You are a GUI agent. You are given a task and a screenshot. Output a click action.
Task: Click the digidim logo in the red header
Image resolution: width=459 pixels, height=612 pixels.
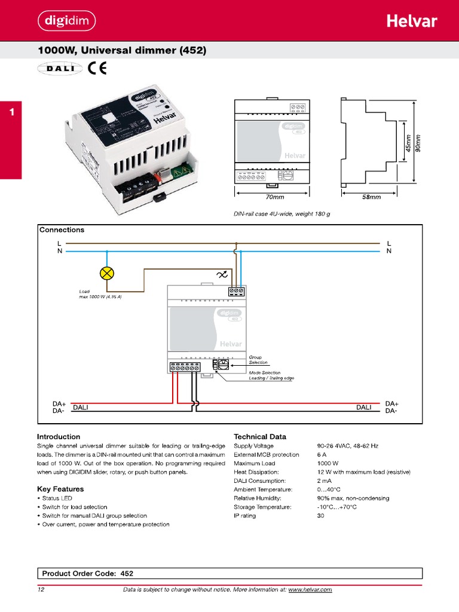(66, 22)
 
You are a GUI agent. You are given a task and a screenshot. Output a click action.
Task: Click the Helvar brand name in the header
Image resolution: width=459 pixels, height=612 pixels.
(411, 22)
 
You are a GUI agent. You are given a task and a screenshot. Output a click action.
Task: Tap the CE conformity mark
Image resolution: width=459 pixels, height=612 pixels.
(97, 68)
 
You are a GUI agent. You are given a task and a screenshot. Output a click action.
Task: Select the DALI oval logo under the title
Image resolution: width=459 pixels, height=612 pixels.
(60, 68)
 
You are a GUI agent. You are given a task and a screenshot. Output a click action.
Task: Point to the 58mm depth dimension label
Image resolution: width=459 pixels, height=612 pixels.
(371, 197)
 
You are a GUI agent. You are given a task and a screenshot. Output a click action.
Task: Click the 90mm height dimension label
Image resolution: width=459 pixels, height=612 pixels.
(417, 144)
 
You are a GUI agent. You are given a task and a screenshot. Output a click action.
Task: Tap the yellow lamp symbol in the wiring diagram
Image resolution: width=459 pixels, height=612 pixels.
(108, 273)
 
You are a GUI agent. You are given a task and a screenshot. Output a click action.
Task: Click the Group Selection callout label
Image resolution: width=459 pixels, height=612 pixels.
(259, 360)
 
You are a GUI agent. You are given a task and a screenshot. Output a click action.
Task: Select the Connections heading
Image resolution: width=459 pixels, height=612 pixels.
(62, 229)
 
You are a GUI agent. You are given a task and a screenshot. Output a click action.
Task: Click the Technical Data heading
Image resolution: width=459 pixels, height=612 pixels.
(259, 437)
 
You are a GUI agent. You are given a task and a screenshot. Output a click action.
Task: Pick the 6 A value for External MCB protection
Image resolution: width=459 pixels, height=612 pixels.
(321, 455)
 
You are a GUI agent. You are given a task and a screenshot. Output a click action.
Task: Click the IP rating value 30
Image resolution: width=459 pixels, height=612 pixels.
(321, 516)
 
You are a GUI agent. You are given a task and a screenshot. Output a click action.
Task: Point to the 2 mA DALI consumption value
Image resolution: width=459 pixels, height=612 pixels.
(324, 481)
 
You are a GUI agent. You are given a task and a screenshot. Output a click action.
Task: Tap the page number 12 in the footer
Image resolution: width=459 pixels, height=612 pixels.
(41, 590)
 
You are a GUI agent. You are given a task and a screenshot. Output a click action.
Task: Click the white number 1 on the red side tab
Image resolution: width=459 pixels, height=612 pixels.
(11, 112)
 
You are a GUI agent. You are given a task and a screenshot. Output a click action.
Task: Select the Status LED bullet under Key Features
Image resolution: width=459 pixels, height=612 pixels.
(57, 498)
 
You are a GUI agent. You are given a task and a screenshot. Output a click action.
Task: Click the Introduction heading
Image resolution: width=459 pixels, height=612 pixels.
(59, 437)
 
